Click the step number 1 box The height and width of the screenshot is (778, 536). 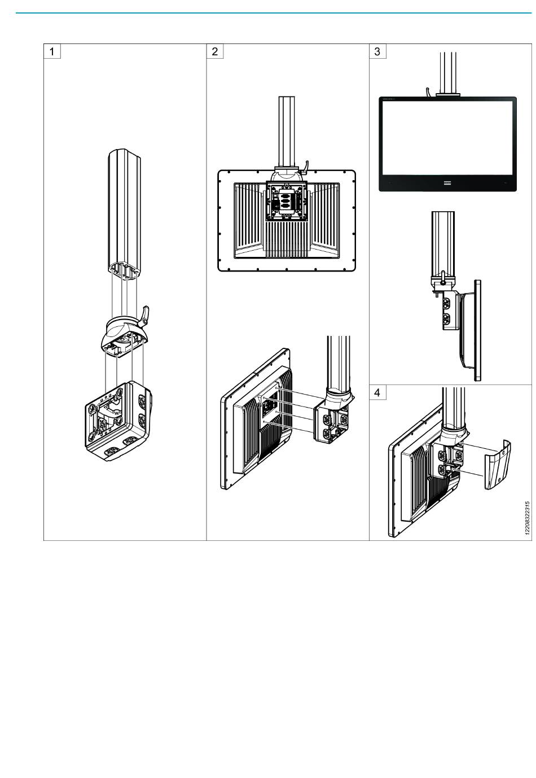tap(52, 51)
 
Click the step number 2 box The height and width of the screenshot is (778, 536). tap(214, 51)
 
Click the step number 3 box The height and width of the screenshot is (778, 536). tap(377, 51)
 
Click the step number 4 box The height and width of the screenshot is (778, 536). tap(377, 392)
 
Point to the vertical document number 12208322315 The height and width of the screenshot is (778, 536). tap(527, 518)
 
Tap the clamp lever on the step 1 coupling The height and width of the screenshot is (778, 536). tap(144, 316)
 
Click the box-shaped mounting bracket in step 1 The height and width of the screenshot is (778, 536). tap(118, 420)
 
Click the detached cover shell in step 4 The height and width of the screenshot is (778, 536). tap(497, 465)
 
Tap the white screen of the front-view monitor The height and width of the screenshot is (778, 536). tap(447, 138)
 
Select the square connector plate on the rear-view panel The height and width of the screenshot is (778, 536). tap(286, 201)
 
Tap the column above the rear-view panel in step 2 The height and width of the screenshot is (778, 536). tap(287, 132)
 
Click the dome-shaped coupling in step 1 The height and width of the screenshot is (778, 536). tap(124, 335)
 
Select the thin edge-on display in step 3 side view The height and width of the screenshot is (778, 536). tap(478, 330)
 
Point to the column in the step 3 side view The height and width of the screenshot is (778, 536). tap(442, 243)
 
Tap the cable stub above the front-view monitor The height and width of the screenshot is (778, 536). tap(429, 92)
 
